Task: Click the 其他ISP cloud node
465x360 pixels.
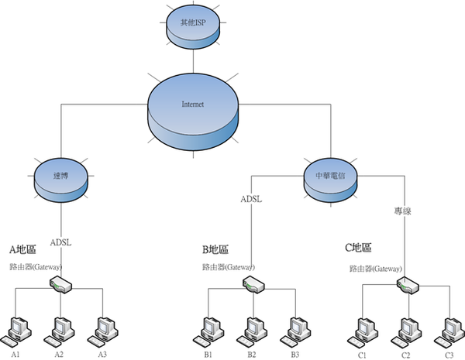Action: (x=193, y=26)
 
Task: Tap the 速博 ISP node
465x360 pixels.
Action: (x=60, y=180)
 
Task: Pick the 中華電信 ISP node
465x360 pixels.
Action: (x=331, y=180)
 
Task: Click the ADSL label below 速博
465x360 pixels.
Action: (x=60, y=242)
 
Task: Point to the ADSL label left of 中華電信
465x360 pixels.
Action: (x=251, y=199)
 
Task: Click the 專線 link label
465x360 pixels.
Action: (x=402, y=211)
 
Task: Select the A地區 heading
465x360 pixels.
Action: (x=22, y=249)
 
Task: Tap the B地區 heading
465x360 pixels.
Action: (x=215, y=249)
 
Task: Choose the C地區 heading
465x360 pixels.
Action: (x=358, y=248)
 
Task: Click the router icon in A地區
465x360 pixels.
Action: (x=60, y=284)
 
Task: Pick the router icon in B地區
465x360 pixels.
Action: (x=253, y=284)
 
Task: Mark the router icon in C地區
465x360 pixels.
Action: (x=408, y=286)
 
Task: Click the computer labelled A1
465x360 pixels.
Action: (x=16, y=333)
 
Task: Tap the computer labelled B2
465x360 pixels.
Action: (x=252, y=333)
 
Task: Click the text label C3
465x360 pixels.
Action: (x=449, y=355)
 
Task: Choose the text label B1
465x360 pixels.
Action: (x=208, y=355)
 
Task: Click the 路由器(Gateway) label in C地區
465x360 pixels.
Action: (x=376, y=269)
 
